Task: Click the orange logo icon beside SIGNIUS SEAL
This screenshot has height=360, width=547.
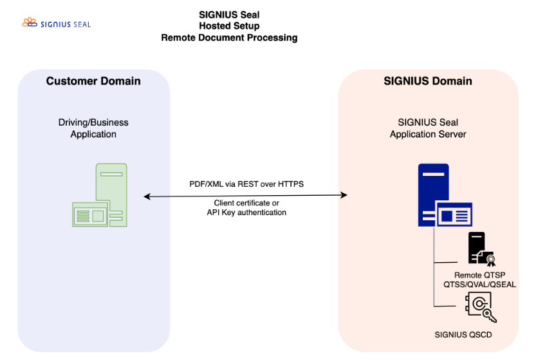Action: (x=29, y=23)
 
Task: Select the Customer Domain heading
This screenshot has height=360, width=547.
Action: (x=93, y=81)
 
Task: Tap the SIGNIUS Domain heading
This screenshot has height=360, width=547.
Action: (x=428, y=81)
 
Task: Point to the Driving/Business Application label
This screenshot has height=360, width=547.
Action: (x=93, y=128)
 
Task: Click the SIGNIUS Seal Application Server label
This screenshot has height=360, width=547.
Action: (x=428, y=128)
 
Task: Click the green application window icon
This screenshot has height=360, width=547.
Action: (x=91, y=214)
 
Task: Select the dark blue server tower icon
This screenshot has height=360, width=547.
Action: (x=432, y=187)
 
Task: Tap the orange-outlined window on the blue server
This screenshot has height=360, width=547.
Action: (x=454, y=214)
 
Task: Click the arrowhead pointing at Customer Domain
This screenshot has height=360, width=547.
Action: (x=147, y=196)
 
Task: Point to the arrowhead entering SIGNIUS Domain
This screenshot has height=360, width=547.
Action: (x=344, y=195)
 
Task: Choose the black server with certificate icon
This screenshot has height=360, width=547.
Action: (x=477, y=247)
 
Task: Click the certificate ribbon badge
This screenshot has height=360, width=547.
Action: (x=491, y=260)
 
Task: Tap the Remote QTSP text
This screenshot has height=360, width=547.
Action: (x=479, y=275)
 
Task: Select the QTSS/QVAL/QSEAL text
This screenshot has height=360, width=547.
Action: (x=479, y=284)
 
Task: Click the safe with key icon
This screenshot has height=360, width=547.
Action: (x=479, y=304)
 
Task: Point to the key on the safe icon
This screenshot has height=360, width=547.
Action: (x=490, y=315)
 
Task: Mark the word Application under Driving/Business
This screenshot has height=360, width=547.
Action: (x=93, y=135)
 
